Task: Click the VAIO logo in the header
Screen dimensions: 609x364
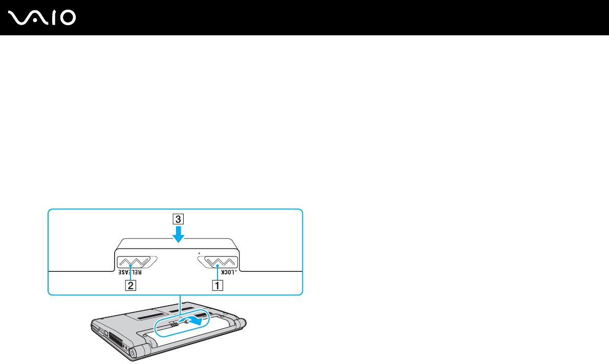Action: click(42, 18)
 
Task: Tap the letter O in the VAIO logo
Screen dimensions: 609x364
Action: click(67, 18)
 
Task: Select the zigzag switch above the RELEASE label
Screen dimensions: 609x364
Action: click(134, 261)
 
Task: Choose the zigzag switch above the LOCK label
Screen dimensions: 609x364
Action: click(217, 262)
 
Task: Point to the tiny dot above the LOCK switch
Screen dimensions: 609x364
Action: click(198, 253)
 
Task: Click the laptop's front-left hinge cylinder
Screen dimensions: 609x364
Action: click(136, 353)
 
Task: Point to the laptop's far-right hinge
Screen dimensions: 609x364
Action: click(241, 323)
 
